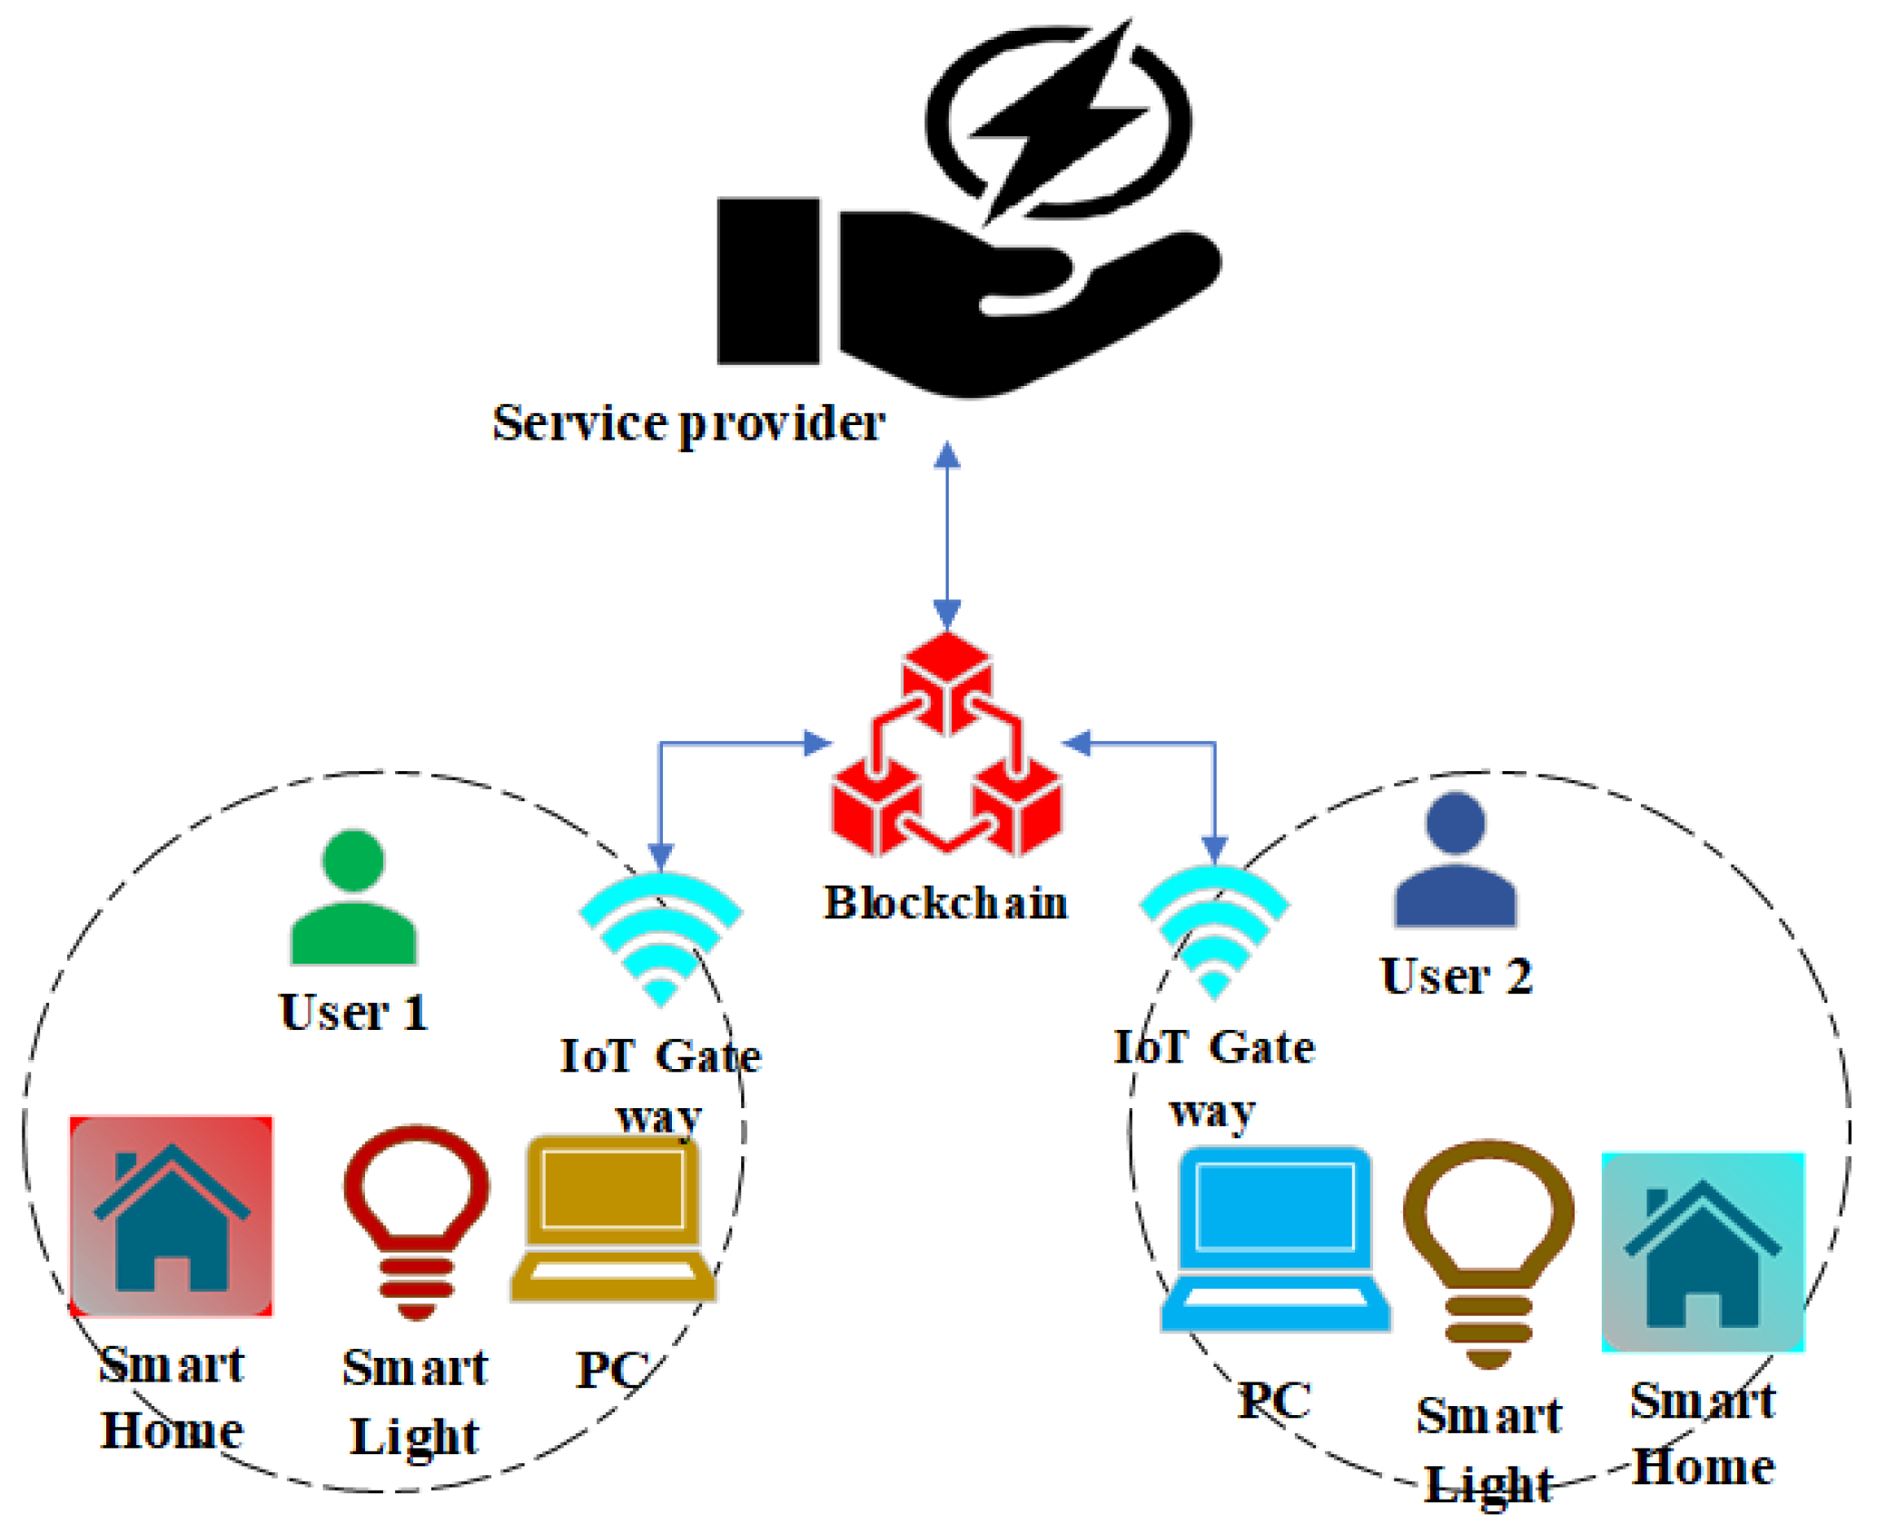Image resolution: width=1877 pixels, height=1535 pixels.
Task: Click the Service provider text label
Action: pos(688,423)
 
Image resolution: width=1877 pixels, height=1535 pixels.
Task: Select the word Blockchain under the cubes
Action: pos(945,903)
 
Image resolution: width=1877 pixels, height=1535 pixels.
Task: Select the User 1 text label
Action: pos(353,1012)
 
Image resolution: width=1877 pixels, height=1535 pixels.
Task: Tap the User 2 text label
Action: pos(1456,976)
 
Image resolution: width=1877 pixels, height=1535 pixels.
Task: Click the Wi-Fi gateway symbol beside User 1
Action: pos(661,936)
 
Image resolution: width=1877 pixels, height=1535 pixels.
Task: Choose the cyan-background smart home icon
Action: pos(1703,1253)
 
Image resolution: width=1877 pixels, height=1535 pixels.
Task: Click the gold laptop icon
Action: pos(612,1218)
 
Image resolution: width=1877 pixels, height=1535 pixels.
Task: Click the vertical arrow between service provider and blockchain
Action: pos(947,536)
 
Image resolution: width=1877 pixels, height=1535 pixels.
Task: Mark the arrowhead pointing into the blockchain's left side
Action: pos(817,744)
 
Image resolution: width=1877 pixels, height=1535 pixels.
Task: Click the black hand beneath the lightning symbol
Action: pos(981,300)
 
